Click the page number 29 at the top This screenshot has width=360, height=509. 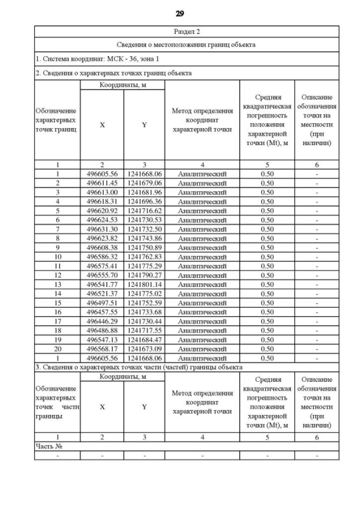click(x=180, y=13)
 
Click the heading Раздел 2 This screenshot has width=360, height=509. click(x=186, y=31)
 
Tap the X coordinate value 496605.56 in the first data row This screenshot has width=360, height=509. click(x=102, y=174)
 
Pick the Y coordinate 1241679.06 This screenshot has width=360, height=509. click(x=144, y=183)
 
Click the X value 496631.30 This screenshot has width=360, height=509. click(x=102, y=229)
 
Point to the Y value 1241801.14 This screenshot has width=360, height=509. click(x=144, y=284)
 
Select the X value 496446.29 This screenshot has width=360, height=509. click(x=102, y=321)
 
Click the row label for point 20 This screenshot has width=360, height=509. click(x=57, y=348)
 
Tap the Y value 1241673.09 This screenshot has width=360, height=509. click(x=144, y=348)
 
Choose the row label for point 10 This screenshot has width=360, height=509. click(x=57, y=256)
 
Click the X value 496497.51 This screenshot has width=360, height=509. click(x=102, y=303)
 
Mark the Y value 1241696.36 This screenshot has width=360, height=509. click(x=144, y=201)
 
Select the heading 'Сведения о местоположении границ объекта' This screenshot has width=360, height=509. click(x=186, y=44)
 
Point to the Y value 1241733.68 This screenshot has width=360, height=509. click(x=144, y=312)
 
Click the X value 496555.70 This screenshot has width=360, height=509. click(x=102, y=275)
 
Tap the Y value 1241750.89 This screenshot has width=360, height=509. click(x=144, y=247)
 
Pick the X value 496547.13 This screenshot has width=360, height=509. click(x=102, y=339)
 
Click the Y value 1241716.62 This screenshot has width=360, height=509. click(x=144, y=211)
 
